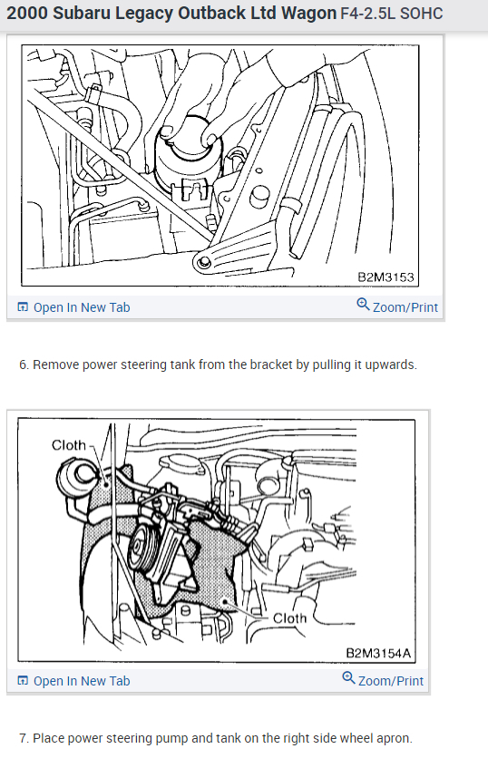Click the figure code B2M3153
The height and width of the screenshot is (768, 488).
[386, 277]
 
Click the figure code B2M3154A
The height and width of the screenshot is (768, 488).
[378, 653]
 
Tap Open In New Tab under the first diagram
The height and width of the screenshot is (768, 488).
[82, 307]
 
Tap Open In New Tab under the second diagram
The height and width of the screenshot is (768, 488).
[82, 681]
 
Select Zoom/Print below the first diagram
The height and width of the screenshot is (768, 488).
[405, 307]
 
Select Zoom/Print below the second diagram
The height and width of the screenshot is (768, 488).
[391, 681]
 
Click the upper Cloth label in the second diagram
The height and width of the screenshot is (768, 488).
[69, 445]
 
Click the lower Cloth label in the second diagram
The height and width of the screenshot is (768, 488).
[289, 618]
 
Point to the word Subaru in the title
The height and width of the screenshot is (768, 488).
[82, 14]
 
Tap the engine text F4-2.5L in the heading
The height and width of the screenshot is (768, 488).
[367, 14]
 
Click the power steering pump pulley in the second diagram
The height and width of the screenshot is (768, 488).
[142, 551]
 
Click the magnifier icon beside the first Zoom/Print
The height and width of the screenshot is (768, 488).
[363, 305]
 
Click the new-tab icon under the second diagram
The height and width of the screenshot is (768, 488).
[23, 681]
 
